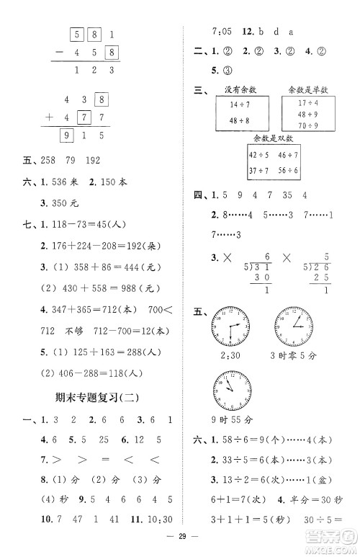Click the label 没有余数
pos(235,89)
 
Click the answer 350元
pos(48,214)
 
